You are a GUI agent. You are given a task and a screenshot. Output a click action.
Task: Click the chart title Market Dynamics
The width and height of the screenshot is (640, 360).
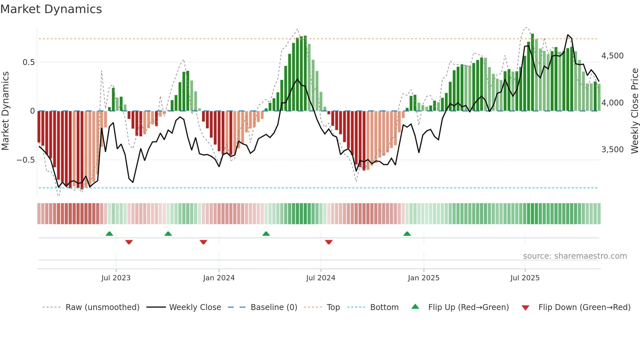tap(51, 9)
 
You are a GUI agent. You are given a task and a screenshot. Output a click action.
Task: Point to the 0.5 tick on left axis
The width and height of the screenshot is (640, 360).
tap(28, 62)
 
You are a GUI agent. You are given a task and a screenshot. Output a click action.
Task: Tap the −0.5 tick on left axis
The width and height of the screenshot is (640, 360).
tap(26, 160)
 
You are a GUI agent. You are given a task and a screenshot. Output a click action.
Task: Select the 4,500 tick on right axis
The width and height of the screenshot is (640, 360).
tap(612, 56)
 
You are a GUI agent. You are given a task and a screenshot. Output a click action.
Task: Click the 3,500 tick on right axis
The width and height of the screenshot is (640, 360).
tap(612, 150)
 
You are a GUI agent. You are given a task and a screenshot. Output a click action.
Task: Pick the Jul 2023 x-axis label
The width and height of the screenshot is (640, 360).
tap(116, 278)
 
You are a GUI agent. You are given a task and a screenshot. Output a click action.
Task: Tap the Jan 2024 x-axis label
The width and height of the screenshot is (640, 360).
tap(219, 278)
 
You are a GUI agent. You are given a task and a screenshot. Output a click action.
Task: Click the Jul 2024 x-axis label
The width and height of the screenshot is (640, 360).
tap(321, 278)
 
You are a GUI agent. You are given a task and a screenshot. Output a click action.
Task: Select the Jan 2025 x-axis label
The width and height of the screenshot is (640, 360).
tap(424, 278)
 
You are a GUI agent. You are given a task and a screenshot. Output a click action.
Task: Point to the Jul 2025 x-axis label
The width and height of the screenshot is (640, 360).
tap(525, 278)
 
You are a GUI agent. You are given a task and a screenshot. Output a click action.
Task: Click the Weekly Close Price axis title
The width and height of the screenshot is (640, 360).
tap(634, 111)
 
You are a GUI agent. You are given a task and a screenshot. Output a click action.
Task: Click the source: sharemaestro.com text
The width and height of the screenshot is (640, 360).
tap(575, 256)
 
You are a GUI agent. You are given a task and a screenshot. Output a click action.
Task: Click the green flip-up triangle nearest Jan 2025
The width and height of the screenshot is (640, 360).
tap(407, 234)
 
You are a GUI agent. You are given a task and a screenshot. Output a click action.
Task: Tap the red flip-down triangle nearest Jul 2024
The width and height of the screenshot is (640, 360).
tap(329, 242)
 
